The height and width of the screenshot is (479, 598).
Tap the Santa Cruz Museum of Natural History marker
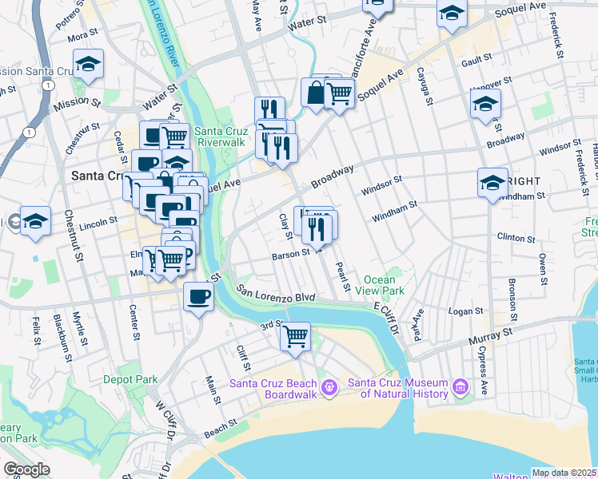[460, 388]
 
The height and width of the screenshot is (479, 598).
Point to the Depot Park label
[130, 380]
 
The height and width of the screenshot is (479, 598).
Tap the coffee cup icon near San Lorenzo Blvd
[198, 297]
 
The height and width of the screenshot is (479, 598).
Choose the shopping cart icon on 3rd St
[295, 335]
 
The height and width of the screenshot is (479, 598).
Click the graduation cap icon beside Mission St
[88, 65]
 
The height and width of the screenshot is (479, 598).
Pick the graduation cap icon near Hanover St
[485, 104]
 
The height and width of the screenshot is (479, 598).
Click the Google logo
[26, 469]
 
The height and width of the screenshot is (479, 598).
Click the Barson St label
[290, 253]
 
